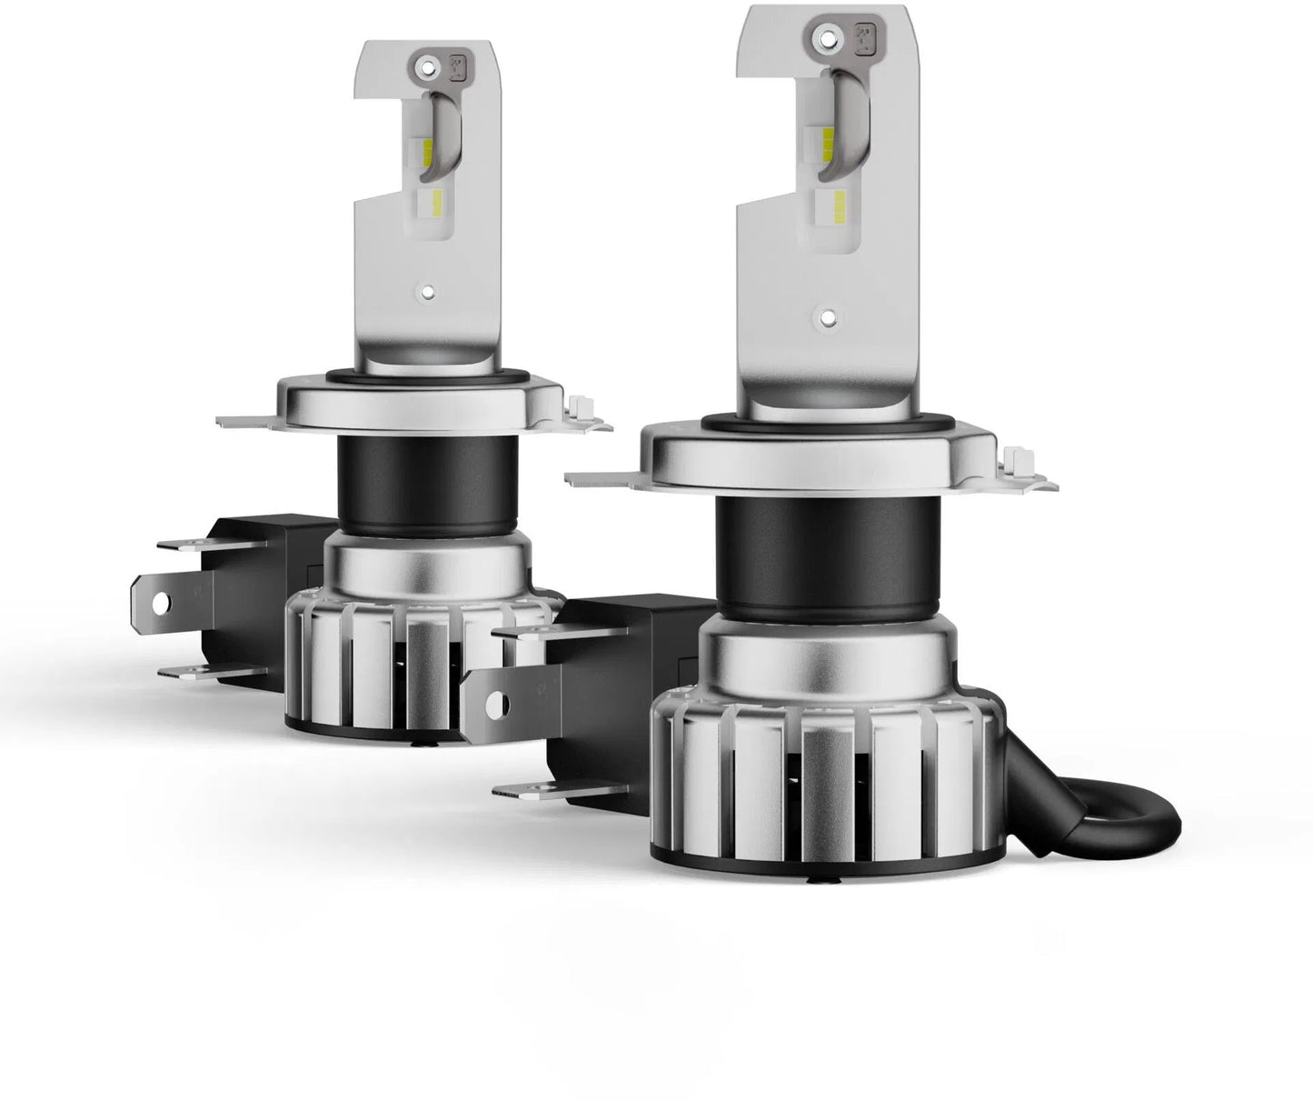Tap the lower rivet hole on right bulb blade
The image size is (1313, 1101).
tap(827, 315)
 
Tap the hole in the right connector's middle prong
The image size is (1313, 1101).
tap(497, 705)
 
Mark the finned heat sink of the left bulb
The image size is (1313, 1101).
tap(400, 655)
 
